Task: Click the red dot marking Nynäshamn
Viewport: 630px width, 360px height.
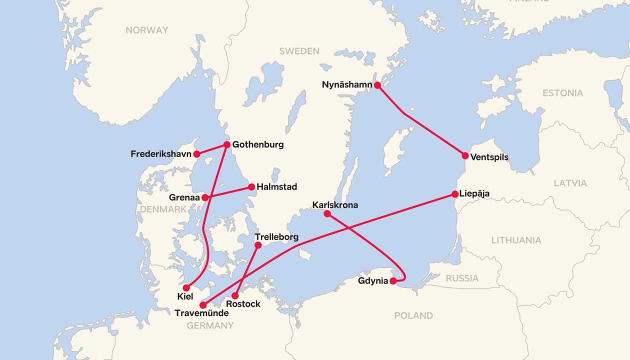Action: pyautogui.click(x=377, y=85)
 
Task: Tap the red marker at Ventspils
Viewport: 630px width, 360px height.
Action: pyautogui.click(x=465, y=156)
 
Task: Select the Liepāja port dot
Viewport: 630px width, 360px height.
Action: pyautogui.click(x=455, y=194)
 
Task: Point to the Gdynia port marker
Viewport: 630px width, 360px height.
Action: pyautogui.click(x=393, y=281)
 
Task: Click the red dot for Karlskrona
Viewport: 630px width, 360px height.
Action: pyautogui.click(x=327, y=213)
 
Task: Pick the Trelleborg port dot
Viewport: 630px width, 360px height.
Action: pyautogui.click(x=258, y=245)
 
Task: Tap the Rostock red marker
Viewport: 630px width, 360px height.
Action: pyautogui.click(x=235, y=295)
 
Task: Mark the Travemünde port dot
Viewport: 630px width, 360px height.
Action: pyautogui.click(x=203, y=305)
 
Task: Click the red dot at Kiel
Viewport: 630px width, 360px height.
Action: pyautogui.click(x=186, y=288)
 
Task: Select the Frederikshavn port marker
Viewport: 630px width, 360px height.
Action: pyautogui.click(x=197, y=154)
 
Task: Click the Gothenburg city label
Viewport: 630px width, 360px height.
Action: pyautogui.click(x=258, y=144)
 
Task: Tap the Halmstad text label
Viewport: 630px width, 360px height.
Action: pyautogui.click(x=276, y=187)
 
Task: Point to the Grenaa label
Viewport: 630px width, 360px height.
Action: pyautogui.click(x=184, y=197)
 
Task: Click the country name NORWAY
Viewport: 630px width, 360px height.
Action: pyautogui.click(x=147, y=30)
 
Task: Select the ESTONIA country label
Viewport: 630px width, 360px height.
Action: pyautogui.click(x=562, y=93)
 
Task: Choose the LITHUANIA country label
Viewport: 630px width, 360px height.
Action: pyautogui.click(x=516, y=240)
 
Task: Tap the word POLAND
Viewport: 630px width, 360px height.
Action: pyautogui.click(x=413, y=315)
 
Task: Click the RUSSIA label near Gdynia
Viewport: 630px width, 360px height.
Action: pyautogui.click(x=462, y=278)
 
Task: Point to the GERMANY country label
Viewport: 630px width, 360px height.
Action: pyautogui.click(x=210, y=325)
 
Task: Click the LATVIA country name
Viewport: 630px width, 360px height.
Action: pyautogui.click(x=570, y=183)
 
